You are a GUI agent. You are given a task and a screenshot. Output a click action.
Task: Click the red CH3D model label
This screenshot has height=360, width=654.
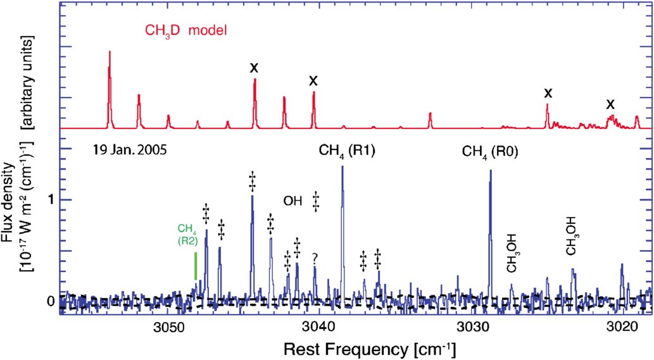click(x=184, y=30)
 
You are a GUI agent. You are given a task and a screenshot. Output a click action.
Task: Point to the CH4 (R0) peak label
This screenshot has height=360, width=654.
click(x=491, y=151)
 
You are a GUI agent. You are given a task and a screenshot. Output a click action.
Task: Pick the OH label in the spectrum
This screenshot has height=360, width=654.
click(x=292, y=201)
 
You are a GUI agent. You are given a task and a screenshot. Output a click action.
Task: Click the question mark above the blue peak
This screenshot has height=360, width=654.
click(x=315, y=258)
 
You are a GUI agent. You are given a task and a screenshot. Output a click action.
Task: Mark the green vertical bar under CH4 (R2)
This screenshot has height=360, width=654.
click(x=196, y=266)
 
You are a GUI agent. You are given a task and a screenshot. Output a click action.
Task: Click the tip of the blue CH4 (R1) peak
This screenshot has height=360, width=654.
click(x=343, y=166)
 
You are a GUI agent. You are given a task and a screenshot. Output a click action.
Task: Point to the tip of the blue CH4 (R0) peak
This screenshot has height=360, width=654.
click(x=490, y=171)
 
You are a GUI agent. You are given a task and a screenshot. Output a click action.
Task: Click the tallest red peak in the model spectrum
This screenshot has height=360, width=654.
click(x=110, y=52)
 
